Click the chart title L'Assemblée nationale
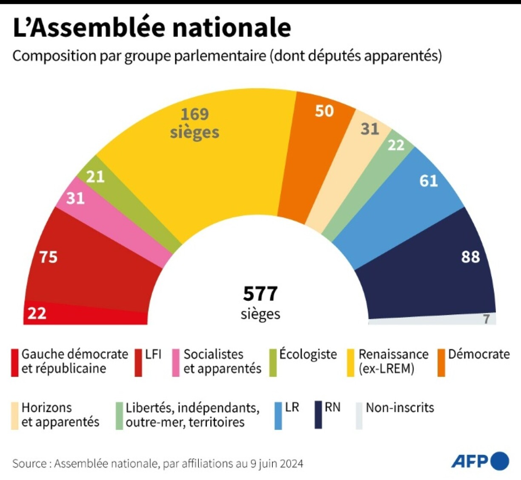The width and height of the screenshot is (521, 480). pos(152,28)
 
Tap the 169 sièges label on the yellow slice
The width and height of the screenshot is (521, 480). pos(195,123)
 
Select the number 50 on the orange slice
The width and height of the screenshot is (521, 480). pos(324,111)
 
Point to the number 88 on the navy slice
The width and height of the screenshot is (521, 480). pos(470,257)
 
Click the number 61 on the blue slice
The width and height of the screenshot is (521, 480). pos(429,181)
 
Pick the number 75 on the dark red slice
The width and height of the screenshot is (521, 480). pos(48,257)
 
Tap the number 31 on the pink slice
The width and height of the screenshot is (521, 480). pos(75,198)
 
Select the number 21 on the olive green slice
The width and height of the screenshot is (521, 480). pos(95,176)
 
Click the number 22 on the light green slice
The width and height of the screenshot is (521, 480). pos(396,145)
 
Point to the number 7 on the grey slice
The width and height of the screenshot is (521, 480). pos(486,319)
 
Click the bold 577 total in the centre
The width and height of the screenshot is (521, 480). pos(260,293)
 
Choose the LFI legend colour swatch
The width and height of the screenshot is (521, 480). pos(138,362)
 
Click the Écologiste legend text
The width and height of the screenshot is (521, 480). pos(308,354)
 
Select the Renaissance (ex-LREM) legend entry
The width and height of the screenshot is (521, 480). pos(393,361)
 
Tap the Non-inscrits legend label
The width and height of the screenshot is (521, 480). pos(400,408)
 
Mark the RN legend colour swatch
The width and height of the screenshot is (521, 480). pos(318,414)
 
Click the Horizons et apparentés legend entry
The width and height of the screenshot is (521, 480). pos(60,415)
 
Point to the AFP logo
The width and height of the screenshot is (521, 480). pos(480,461)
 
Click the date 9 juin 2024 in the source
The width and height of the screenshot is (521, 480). pos(277,463)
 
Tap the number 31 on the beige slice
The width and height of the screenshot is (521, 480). pos(369,129)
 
